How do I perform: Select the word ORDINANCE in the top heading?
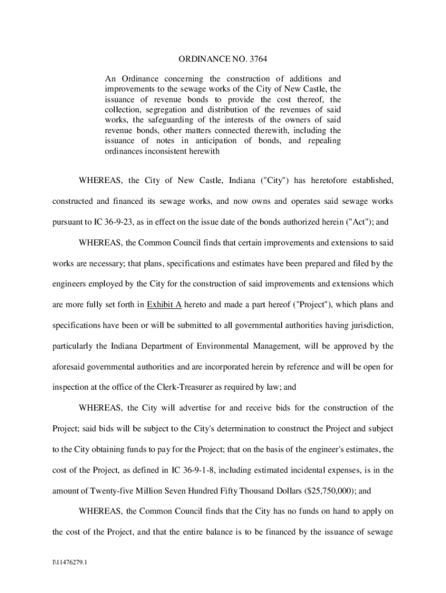(x=199, y=59)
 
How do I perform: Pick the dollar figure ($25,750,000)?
(x=331, y=491)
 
